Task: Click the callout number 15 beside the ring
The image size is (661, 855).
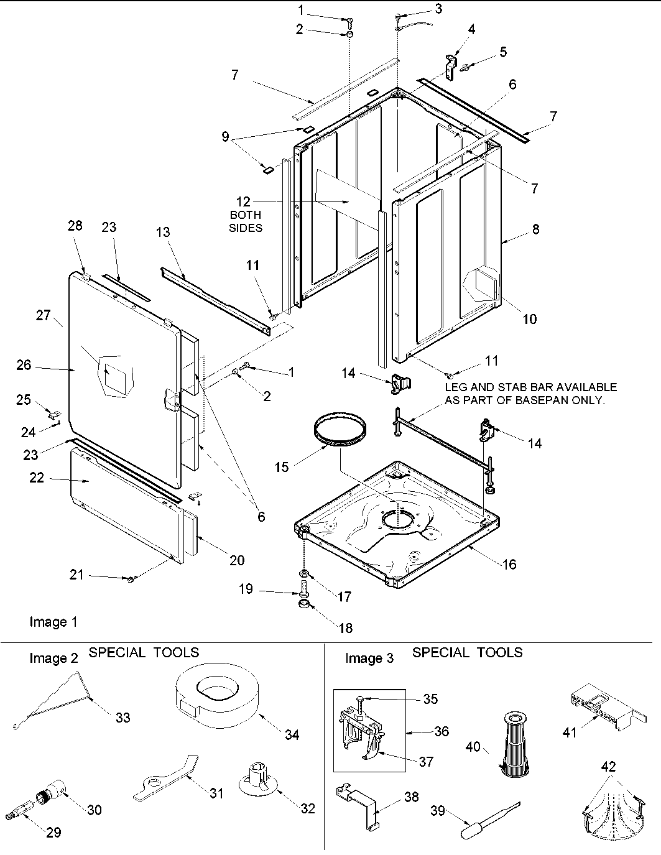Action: click(282, 466)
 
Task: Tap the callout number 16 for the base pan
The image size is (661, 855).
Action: click(509, 564)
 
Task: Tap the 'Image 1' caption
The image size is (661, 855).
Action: click(53, 622)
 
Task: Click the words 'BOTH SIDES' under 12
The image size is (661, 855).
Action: click(246, 221)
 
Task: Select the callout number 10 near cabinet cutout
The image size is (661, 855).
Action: click(529, 319)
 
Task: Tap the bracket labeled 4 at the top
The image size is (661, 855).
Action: click(449, 64)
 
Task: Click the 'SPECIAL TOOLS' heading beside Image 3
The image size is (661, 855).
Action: click(467, 652)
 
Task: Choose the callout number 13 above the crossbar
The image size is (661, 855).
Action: click(163, 232)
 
